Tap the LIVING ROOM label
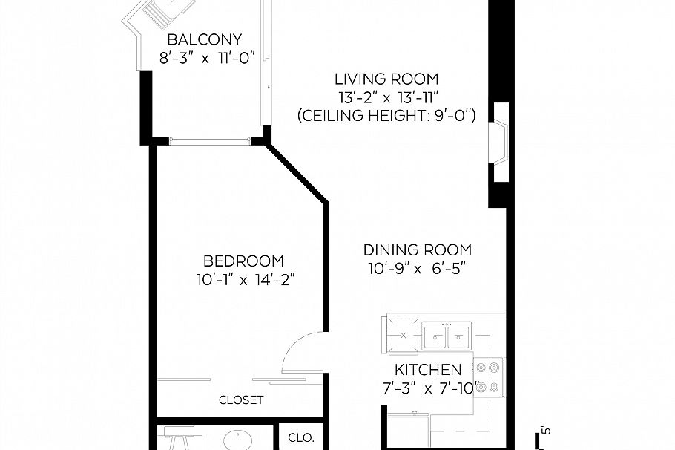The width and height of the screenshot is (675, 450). pyautogui.click(x=386, y=79)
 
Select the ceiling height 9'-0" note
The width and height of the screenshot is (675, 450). pyautogui.click(x=386, y=116)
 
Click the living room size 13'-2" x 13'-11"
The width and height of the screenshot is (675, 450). pyautogui.click(x=386, y=97)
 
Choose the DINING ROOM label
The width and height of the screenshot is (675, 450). pyautogui.click(x=417, y=250)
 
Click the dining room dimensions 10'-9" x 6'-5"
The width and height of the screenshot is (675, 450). pyautogui.click(x=417, y=269)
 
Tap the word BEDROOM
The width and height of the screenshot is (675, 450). pyautogui.click(x=243, y=261)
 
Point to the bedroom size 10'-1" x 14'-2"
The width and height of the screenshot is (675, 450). pyautogui.click(x=243, y=280)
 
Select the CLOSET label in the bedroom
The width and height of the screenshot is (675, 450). pyautogui.click(x=241, y=400)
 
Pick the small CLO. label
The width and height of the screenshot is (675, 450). pyautogui.click(x=301, y=437)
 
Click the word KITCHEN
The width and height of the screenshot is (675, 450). pyautogui.click(x=427, y=370)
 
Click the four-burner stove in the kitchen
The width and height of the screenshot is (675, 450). pyautogui.click(x=490, y=376)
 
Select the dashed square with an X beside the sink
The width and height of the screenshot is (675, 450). pyautogui.click(x=403, y=335)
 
